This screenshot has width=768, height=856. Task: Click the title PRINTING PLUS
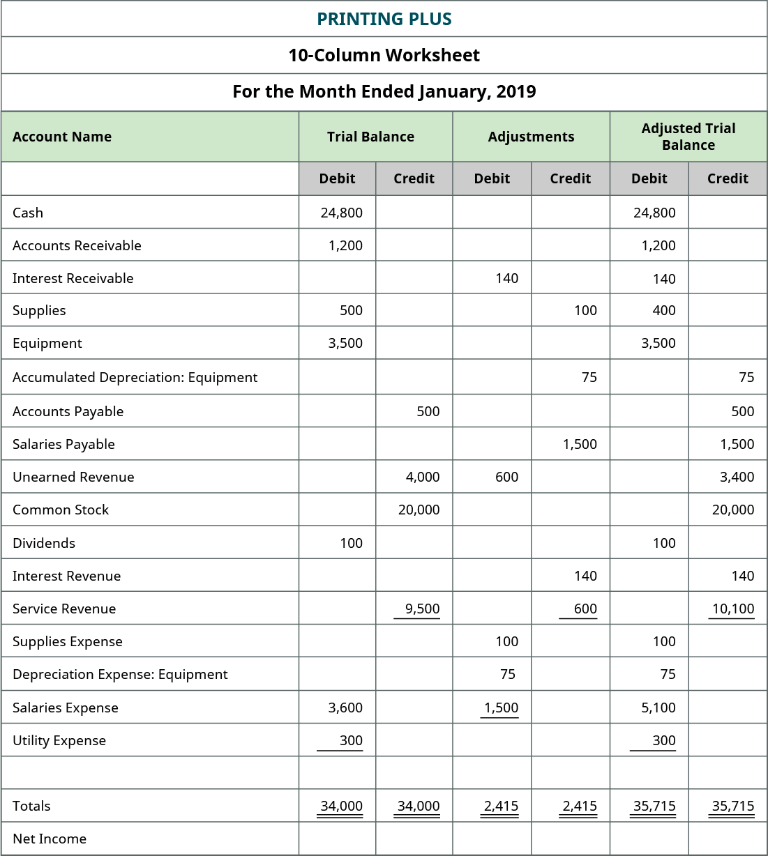(384, 19)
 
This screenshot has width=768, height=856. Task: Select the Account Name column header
(62, 137)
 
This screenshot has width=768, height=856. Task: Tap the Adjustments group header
(531, 137)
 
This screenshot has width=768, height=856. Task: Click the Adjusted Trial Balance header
(688, 137)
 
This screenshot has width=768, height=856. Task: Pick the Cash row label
(28, 213)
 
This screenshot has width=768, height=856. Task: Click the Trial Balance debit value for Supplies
(351, 310)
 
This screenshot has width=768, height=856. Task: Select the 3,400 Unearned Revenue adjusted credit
(737, 477)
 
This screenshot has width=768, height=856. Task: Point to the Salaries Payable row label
(63, 444)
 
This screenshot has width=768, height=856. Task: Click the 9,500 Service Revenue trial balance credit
(422, 609)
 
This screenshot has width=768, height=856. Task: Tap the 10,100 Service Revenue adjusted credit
(732, 609)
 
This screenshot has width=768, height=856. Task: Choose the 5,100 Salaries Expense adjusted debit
(658, 708)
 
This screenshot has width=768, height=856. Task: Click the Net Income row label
(50, 839)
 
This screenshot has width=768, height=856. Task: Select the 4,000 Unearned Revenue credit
(422, 477)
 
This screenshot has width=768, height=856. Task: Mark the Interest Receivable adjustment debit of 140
(506, 278)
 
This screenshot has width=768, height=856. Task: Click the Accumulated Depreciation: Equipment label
(135, 377)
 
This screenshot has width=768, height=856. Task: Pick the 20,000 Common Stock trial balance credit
(419, 510)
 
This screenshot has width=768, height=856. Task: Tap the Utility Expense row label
(59, 740)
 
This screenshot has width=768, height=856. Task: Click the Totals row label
(31, 806)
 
